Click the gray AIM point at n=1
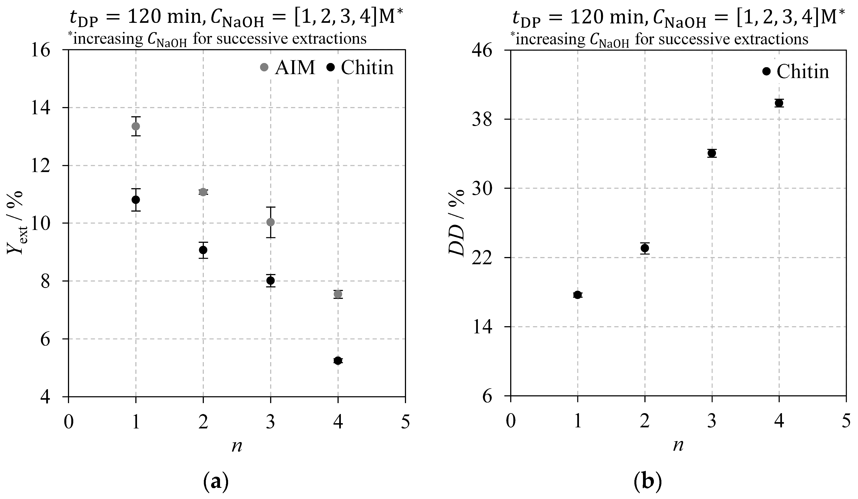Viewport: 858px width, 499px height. [x=136, y=126]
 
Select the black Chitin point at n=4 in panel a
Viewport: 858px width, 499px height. [x=338, y=361]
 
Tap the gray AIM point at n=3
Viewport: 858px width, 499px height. [x=271, y=222]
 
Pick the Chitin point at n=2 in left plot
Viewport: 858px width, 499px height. [x=203, y=250]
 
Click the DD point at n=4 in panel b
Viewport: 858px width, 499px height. [x=779, y=103]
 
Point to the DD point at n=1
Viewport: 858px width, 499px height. [x=578, y=295]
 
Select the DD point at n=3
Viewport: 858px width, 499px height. [x=712, y=153]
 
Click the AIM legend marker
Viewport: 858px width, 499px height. [x=264, y=67]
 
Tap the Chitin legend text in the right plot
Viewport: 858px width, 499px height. [x=803, y=72]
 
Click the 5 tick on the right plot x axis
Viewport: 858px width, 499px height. [x=846, y=422]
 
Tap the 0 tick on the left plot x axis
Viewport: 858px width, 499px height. [x=69, y=422]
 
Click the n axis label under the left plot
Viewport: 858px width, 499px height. [x=237, y=446]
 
